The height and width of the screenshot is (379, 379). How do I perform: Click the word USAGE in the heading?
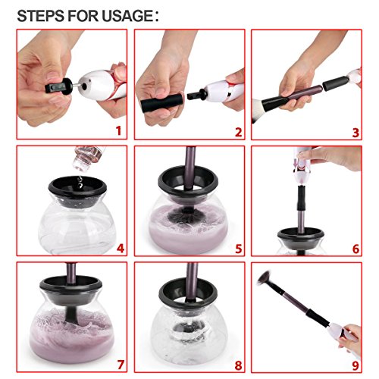[127, 16]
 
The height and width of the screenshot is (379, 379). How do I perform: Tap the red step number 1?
[118, 130]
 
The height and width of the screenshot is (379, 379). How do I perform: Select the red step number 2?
[238, 132]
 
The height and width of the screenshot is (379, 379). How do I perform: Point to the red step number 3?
[356, 133]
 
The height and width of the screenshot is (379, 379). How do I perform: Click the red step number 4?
[121, 249]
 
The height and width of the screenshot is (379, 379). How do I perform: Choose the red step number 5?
[239, 249]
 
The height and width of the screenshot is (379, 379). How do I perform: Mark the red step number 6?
[356, 249]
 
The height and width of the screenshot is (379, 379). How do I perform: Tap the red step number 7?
[121, 365]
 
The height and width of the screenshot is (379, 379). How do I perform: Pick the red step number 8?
[238, 365]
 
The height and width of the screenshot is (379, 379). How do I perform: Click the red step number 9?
[356, 365]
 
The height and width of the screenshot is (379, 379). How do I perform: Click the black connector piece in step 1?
[59, 86]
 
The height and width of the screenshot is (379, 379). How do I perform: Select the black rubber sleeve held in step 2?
[161, 102]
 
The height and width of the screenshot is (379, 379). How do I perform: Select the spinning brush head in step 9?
[265, 278]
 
